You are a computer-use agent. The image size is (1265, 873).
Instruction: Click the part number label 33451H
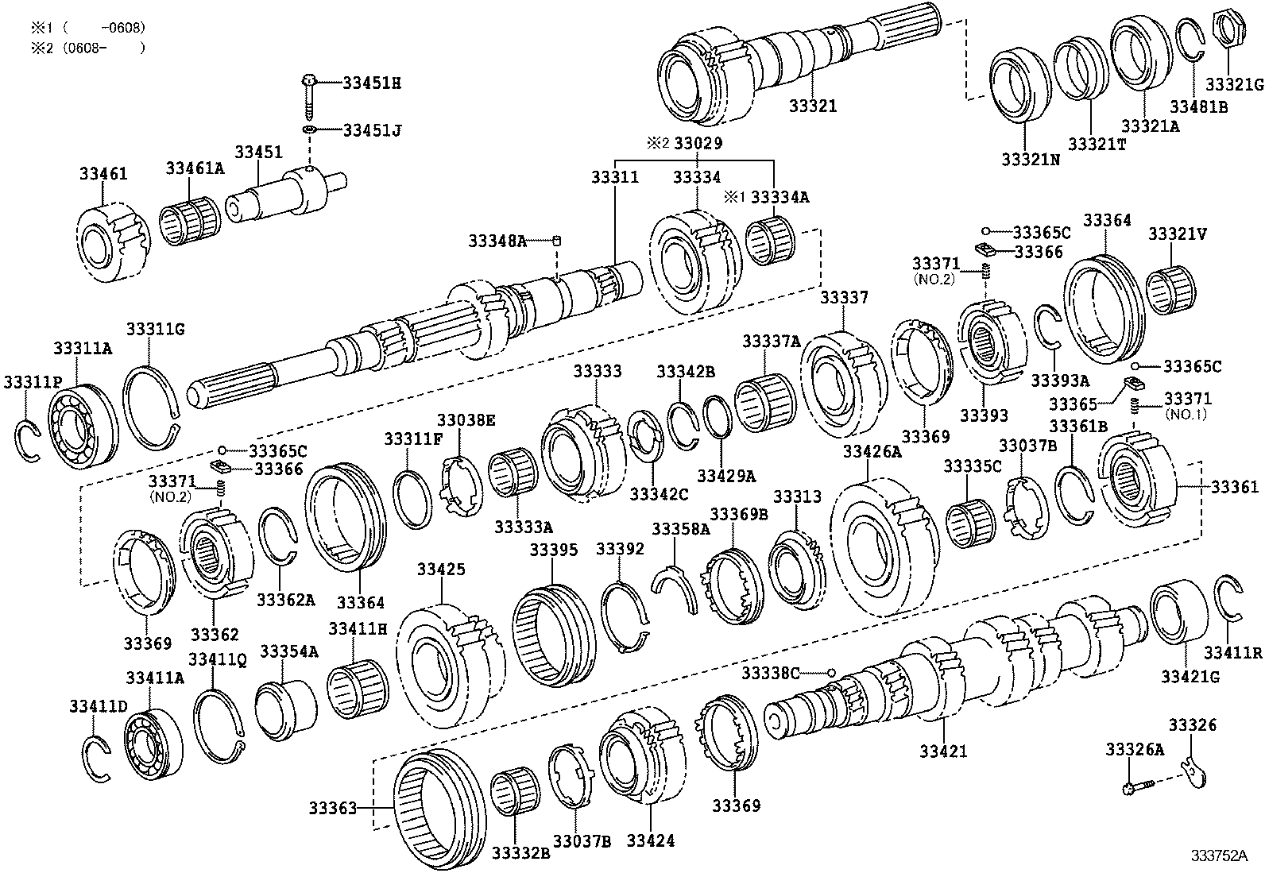pos(371,82)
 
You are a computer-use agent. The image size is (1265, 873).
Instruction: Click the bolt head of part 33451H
pos(309,80)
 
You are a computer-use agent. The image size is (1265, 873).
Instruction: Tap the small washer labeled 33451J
pos(310,129)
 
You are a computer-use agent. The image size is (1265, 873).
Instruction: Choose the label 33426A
pos(872,452)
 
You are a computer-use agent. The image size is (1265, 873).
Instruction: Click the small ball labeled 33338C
pos(831,673)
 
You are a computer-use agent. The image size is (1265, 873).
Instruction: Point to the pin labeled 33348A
pos(558,241)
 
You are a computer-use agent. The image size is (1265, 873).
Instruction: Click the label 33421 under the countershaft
pos(944,750)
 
